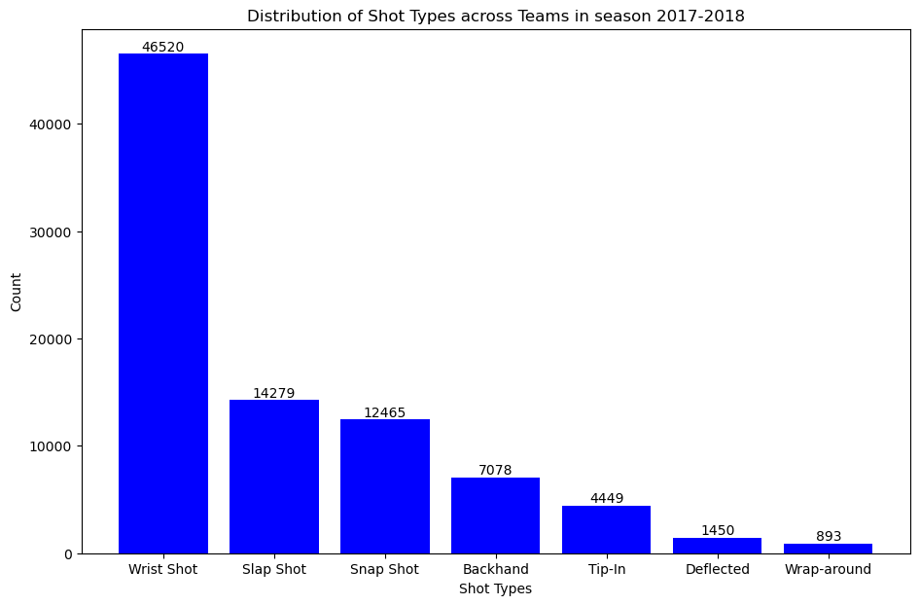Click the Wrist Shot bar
(x=163, y=303)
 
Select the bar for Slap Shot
(x=274, y=477)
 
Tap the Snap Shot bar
(x=385, y=486)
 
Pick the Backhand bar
(x=496, y=516)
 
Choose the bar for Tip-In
(x=607, y=530)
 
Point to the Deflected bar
(x=718, y=546)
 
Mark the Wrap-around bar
(x=829, y=549)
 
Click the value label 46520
(x=163, y=47)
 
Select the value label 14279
(x=274, y=393)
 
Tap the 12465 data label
(x=385, y=412)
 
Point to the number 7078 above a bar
(x=496, y=471)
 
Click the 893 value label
(x=829, y=537)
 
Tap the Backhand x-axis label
(x=496, y=570)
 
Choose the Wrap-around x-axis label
(x=829, y=570)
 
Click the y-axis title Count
(x=17, y=292)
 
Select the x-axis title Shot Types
(x=496, y=588)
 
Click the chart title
(x=496, y=16)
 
